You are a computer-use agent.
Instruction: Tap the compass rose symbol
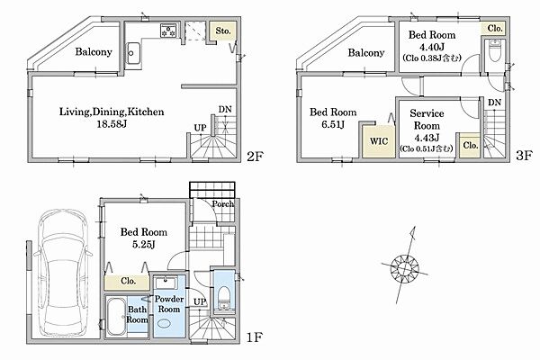(x=405, y=267)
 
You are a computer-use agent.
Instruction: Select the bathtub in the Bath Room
(x=116, y=317)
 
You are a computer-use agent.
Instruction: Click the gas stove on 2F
(x=169, y=30)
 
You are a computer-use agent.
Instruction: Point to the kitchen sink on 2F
(x=133, y=53)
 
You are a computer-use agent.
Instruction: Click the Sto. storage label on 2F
(x=223, y=31)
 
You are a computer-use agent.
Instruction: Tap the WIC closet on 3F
(x=379, y=141)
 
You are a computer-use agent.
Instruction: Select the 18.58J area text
(x=112, y=123)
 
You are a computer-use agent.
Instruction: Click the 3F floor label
(x=525, y=156)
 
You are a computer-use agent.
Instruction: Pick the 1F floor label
(x=255, y=337)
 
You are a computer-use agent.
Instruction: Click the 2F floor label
(x=256, y=157)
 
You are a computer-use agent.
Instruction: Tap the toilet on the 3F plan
(x=495, y=50)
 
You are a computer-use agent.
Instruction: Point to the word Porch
(x=223, y=204)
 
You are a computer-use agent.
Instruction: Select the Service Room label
(x=427, y=119)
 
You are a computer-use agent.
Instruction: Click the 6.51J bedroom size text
(x=333, y=124)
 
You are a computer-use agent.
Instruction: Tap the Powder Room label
(x=169, y=304)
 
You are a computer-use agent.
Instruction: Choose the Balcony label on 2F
(x=94, y=51)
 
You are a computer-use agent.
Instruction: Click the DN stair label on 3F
(x=494, y=103)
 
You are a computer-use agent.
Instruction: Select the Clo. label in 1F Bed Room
(x=128, y=281)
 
